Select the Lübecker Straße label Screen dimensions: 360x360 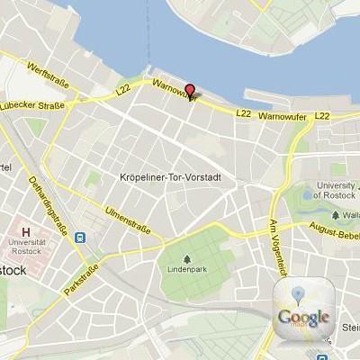pos(33,105)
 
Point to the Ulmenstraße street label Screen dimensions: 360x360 pos(128,219)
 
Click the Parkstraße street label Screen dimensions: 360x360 pos(83,278)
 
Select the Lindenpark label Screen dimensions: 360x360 pos(186,269)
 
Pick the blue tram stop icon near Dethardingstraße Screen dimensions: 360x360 pos(81,238)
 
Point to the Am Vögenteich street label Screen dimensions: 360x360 pos(278,247)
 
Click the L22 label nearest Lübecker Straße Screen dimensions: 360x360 pos(124,91)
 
